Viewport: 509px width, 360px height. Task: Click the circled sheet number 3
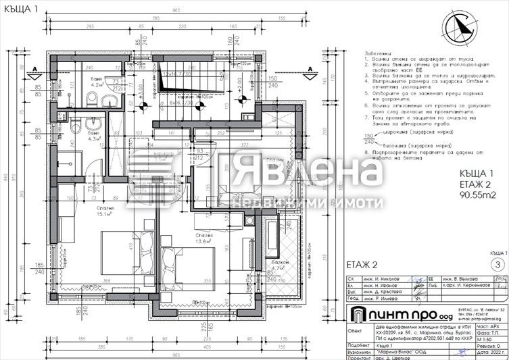[x=498, y=265]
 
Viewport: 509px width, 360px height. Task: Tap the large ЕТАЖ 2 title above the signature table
[x=364, y=264]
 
